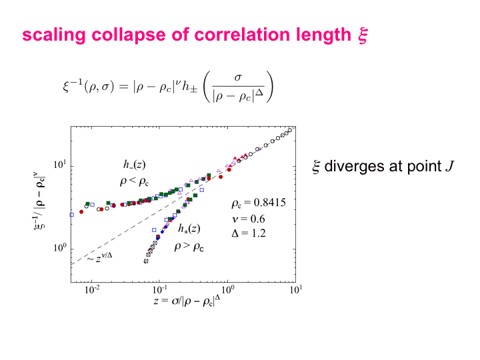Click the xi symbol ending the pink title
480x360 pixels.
pos(361,35)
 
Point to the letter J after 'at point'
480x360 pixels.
pos(451,167)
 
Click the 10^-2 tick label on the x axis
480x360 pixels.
pos(92,290)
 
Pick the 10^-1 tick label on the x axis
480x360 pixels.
pos(159,290)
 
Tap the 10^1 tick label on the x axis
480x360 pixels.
pos(295,290)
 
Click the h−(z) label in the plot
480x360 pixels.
pos(126,165)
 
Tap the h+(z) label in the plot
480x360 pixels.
pos(189,228)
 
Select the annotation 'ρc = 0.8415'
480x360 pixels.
pos(259,204)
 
